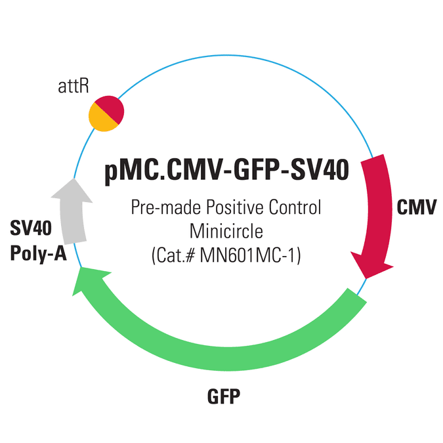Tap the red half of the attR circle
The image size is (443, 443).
tap(111, 109)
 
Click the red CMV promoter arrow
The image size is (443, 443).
tap(377, 210)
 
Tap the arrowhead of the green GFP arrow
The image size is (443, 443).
tap(85, 279)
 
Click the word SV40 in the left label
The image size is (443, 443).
tap(31, 229)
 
